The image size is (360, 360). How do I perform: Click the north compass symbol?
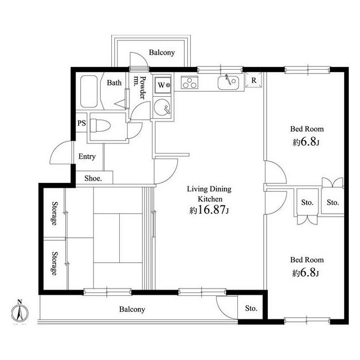(20, 312)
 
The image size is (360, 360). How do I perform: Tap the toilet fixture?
(100, 125)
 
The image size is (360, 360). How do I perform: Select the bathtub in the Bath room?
(89, 91)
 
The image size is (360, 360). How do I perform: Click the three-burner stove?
(190, 83)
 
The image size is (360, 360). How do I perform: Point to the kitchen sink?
(228, 82)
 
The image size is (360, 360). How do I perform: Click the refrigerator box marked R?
(254, 80)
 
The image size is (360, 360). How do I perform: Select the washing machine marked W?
(163, 85)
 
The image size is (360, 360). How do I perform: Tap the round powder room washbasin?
(162, 107)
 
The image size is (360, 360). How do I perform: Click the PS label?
(82, 123)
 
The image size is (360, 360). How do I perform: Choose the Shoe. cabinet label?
(93, 178)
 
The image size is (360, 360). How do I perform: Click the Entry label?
(87, 156)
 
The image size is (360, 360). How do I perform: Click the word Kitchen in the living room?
(210, 199)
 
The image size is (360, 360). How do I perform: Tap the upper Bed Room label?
(307, 129)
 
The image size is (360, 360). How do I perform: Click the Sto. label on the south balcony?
(251, 308)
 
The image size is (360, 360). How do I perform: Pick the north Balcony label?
(162, 52)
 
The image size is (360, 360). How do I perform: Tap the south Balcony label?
(132, 309)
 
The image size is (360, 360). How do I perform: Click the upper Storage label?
(55, 213)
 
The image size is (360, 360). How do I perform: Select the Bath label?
(114, 83)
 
